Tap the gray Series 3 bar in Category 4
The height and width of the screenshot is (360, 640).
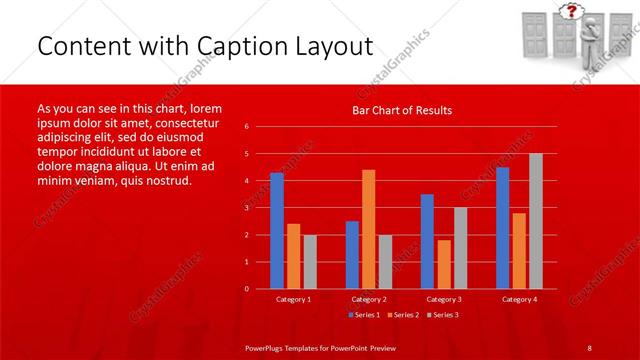536,221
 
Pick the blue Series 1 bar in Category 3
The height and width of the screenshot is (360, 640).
427,241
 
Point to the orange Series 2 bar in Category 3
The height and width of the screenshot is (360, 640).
444,264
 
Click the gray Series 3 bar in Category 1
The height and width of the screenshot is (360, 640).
310,261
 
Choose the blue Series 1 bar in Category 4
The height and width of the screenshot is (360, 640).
502,227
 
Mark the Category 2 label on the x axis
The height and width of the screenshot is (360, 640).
368,299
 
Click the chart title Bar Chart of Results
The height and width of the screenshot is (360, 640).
402,110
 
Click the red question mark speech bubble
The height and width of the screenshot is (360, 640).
572,12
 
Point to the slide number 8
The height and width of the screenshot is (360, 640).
589,347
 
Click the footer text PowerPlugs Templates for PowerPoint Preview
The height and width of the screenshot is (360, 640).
319,347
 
